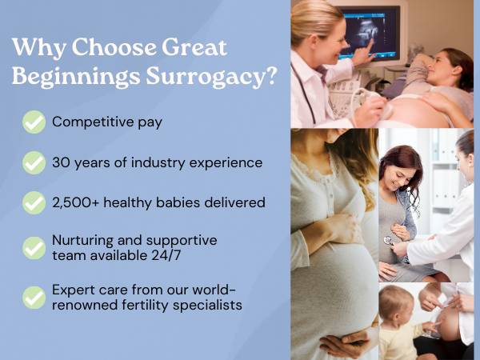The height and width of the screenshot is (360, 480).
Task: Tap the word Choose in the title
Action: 114,47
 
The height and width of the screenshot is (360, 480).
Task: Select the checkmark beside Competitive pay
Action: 34,122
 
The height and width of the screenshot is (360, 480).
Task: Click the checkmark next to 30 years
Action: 34,163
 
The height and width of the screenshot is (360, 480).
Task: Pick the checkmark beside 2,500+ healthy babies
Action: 34,203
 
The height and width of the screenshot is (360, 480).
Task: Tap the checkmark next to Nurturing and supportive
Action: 34,248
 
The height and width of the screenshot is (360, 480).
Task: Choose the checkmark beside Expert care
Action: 34,298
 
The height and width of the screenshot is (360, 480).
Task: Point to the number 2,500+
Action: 76,203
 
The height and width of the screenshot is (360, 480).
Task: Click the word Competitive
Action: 93,122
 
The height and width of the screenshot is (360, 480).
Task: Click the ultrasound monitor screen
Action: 370,31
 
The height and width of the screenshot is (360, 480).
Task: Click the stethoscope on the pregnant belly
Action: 388,240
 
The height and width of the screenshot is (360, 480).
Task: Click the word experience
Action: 226,163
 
